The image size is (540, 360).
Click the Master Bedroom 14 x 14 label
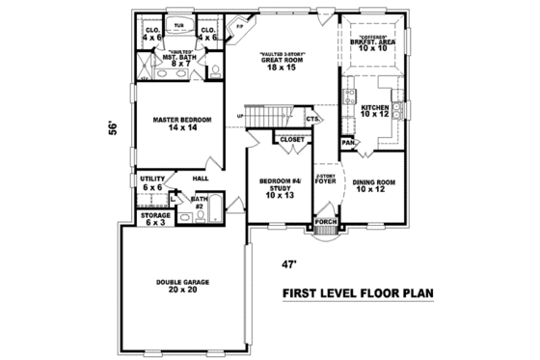click(176, 125)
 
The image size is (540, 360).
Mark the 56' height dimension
click(113, 127)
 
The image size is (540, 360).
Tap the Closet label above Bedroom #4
click(291, 140)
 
